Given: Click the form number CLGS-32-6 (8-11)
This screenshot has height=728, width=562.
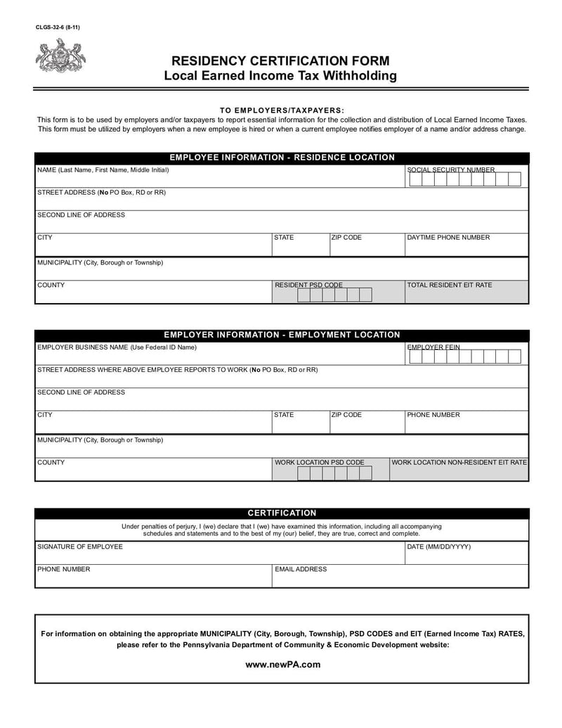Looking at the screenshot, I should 59,27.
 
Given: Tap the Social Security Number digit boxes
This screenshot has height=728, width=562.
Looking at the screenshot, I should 464,179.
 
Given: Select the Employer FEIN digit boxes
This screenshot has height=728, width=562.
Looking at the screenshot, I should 464,357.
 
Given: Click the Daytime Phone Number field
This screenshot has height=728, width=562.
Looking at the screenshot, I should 466,245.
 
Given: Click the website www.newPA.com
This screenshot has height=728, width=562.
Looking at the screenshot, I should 282,664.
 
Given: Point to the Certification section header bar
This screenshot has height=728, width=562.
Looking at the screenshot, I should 282,513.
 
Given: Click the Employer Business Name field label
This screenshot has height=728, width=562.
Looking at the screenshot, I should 117,347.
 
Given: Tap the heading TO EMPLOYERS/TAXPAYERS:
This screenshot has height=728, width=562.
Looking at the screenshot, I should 282,110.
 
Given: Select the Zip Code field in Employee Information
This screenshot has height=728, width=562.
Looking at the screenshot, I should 365,245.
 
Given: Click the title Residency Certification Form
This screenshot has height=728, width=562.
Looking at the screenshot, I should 280,61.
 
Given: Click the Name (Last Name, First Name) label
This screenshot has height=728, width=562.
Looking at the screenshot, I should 103,170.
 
